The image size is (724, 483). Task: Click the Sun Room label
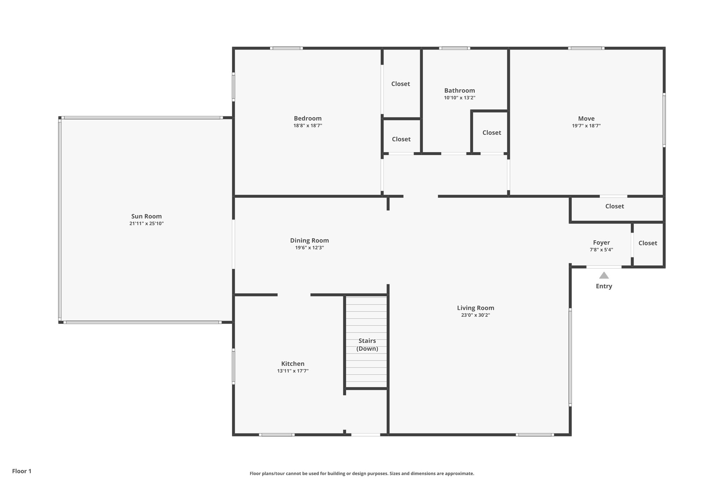pyautogui.click(x=146, y=216)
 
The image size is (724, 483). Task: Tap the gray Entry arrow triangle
pyautogui.click(x=604, y=275)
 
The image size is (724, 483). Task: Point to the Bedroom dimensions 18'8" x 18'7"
pyautogui.click(x=308, y=126)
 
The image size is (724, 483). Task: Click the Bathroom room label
pyautogui.click(x=460, y=91)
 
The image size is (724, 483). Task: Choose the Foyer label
pyautogui.click(x=601, y=242)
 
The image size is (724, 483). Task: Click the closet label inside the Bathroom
pyautogui.click(x=492, y=133)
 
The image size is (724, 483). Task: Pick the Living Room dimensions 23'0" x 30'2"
pyautogui.click(x=475, y=315)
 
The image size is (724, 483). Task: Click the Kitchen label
pyautogui.click(x=293, y=363)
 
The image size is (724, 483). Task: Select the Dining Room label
pyautogui.click(x=309, y=240)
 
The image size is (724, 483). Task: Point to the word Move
pyautogui.click(x=586, y=119)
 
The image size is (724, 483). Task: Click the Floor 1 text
pyautogui.click(x=22, y=471)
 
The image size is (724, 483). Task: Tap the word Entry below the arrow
pyautogui.click(x=604, y=286)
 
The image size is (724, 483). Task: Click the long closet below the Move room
pyautogui.click(x=614, y=206)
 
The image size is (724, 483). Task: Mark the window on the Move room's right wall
pyautogui.click(x=664, y=120)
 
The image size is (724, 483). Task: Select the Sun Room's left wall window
pyautogui.click(x=60, y=219)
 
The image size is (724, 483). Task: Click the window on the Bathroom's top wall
pyautogui.click(x=455, y=48)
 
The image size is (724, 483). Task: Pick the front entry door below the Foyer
pyautogui.click(x=604, y=267)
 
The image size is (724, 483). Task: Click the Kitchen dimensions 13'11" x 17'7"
pyautogui.click(x=293, y=371)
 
